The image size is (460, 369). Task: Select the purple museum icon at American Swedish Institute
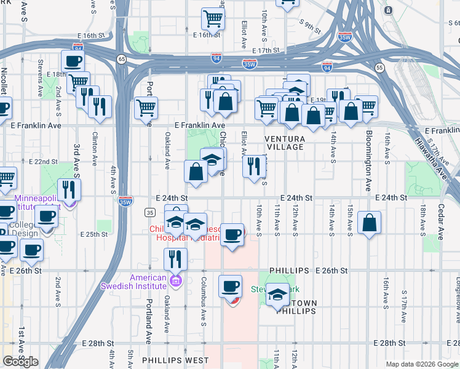[176, 282]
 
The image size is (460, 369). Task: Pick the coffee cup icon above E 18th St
[73, 61]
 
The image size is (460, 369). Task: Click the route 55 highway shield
[379, 66]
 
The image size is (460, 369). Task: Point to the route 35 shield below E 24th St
[149, 212]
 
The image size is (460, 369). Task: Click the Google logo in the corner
[21, 361]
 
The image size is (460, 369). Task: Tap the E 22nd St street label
[43, 162]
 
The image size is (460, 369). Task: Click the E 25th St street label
[94, 234]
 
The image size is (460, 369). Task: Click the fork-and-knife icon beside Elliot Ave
[253, 165]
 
